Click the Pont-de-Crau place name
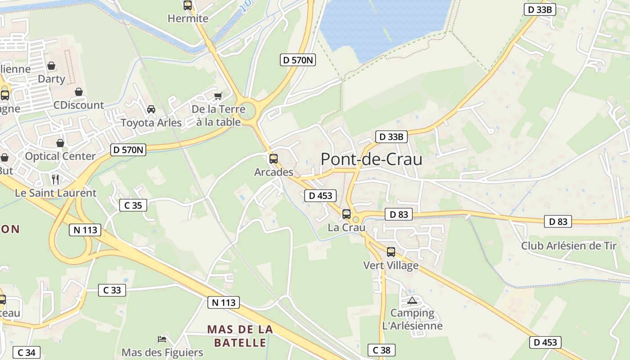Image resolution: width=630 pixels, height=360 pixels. point(371,159)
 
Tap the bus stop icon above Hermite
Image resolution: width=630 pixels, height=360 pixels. point(188,5)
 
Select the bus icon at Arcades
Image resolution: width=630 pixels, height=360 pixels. point(273,159)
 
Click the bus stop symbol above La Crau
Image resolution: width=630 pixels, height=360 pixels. point(346,214)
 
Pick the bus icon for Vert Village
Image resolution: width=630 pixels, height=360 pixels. point(391,252)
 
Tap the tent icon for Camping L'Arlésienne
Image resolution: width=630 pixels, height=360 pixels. point(412,300)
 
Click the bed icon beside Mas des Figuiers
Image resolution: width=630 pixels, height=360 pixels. point(162,339)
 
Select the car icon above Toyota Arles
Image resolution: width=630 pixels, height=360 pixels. point(151,109)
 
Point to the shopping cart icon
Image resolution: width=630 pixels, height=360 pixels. point(218,95)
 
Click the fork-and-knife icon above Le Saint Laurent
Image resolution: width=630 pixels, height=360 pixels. point(55,179)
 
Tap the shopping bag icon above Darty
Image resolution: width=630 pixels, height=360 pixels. point(51,66)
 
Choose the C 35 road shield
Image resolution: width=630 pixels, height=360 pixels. point(133,206)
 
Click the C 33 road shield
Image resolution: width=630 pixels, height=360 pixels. point(112,290)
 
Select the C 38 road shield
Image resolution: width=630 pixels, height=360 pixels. point(381,350)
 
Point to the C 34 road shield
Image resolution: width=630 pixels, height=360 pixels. point(27,353)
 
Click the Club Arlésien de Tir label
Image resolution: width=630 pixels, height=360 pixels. point(569,246)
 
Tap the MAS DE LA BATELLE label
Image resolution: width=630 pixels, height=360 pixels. point(240,336)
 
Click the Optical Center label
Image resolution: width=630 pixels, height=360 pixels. point(60,156)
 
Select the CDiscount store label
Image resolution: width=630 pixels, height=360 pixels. point(79,105)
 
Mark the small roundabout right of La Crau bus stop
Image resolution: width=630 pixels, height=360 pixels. point(356,219)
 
